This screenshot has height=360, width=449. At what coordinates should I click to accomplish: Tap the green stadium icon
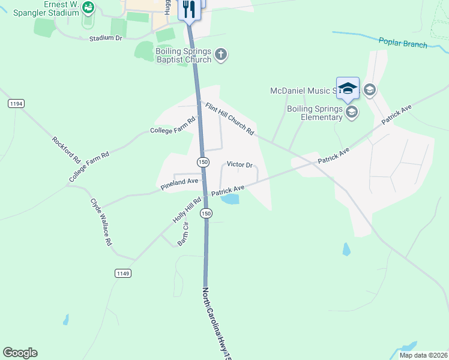click(88, 7)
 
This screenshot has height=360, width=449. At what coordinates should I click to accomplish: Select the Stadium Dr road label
click(106, 38)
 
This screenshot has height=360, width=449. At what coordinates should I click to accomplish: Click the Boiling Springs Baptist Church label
click(184, 55)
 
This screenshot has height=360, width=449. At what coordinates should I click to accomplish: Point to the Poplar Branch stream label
click(403, 43)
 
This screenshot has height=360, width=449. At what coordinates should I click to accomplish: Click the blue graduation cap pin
click(348, 88)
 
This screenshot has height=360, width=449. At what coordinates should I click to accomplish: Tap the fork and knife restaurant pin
click(189, 9)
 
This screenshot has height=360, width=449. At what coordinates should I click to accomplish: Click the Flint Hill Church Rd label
click(230, 118)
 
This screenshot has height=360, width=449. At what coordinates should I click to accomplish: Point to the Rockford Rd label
click(66, 151)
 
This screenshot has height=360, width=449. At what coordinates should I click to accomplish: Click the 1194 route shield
click(16, 104)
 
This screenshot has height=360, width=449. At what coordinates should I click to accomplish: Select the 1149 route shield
click(122, 273)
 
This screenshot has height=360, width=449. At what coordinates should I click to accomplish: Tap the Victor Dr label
click(239, 165)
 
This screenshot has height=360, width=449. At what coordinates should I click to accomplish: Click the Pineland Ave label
click(179, 184)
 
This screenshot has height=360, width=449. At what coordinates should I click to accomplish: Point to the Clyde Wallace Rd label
click(101, 222)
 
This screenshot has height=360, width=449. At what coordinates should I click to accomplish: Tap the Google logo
click(20, 353)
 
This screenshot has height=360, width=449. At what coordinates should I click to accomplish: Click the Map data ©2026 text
click(423, 355)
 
